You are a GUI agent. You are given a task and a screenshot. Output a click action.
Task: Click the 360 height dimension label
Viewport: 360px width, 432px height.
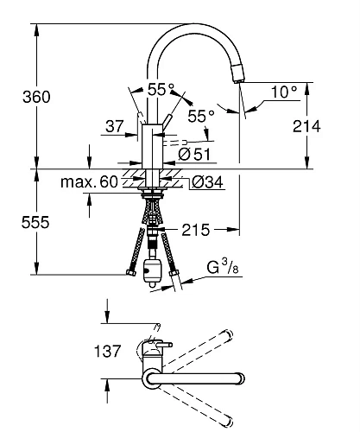tap(36, 97)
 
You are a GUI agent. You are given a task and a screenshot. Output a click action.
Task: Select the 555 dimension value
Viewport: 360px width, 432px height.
tap(35, 223)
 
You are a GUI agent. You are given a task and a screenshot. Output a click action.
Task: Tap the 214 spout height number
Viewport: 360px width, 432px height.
tap(306, 126)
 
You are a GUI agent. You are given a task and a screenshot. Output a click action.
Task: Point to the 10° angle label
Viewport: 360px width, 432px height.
tap(284, 92)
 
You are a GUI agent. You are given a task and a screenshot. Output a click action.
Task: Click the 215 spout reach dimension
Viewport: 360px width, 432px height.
tap(196, 230)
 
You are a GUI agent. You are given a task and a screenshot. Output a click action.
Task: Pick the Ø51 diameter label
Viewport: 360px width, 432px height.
tap(194, 154)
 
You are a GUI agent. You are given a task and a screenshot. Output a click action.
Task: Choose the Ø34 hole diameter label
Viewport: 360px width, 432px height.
tap(207, 182)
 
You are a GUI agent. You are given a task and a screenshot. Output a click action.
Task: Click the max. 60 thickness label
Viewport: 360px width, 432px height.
tap(89, 182)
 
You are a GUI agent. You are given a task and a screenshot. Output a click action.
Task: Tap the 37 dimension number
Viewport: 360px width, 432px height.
tap(115, 126)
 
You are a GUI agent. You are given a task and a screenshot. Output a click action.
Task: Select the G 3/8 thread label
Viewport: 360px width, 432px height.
tap(223, 267)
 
